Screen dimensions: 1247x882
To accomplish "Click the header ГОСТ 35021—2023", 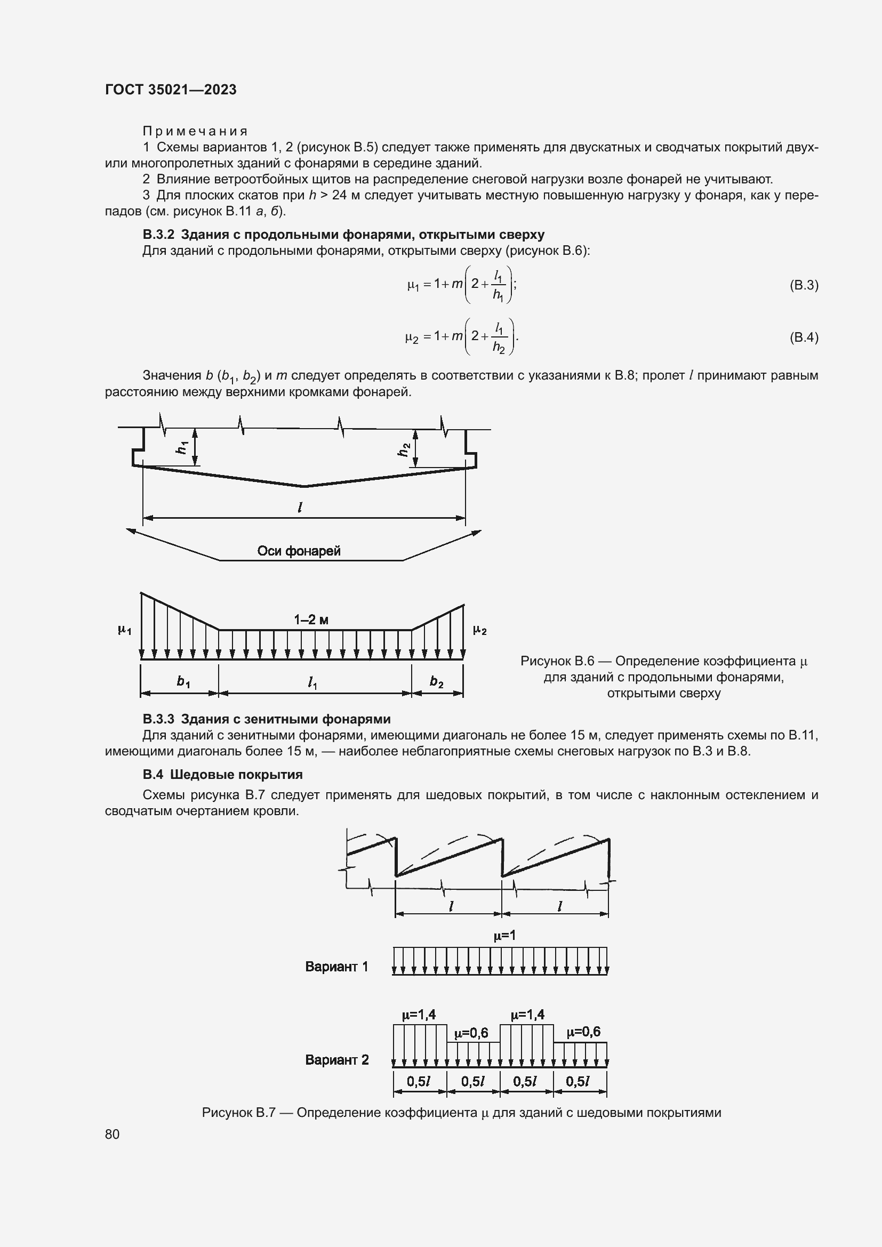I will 171,90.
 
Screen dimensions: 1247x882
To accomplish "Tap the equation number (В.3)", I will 803,285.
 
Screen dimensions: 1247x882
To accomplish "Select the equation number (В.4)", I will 803,337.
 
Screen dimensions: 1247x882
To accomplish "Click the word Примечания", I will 195,131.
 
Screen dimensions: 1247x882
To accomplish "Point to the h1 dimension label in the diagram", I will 183,447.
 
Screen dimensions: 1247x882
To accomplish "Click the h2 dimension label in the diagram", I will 403,449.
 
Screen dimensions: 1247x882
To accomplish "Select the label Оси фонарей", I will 299,551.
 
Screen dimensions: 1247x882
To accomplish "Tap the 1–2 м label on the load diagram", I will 311,620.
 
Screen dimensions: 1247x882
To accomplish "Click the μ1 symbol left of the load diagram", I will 124,630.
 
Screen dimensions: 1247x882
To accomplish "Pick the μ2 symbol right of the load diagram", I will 479,630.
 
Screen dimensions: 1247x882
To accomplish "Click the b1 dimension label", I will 183,682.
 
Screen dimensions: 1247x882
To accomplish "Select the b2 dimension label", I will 436,682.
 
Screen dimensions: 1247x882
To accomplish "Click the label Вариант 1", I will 336,967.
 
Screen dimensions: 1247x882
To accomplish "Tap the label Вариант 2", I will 336,1060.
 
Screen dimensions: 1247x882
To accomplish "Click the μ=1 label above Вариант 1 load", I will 504,935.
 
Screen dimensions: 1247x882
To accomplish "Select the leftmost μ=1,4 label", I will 419,1015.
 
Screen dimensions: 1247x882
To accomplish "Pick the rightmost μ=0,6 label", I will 583,1032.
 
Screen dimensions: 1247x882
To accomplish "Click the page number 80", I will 113,1134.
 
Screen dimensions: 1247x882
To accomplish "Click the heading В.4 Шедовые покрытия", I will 223,775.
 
